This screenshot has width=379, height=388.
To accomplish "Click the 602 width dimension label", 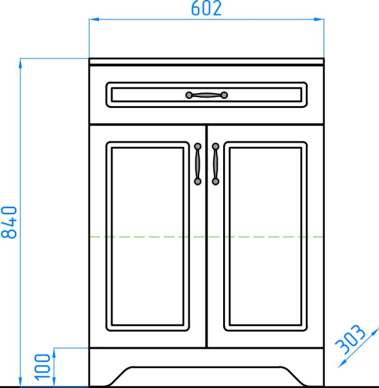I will coord(206,8).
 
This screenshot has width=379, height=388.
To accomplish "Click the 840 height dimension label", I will coord(9,222).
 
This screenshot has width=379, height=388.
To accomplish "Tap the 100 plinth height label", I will coord(43,367).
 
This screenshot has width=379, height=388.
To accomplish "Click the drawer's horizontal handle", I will coord(207,96).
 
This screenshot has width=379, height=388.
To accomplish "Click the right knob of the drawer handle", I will coord(224,96).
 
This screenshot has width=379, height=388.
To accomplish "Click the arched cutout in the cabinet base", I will coord(206,376).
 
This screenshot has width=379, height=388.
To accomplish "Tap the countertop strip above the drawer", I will coord(206,61).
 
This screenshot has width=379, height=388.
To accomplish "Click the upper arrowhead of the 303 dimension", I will coord(374,328).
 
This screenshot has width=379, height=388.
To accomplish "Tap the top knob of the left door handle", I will coord(198,146).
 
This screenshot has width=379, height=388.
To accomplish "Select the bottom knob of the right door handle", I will coord(215,182).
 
